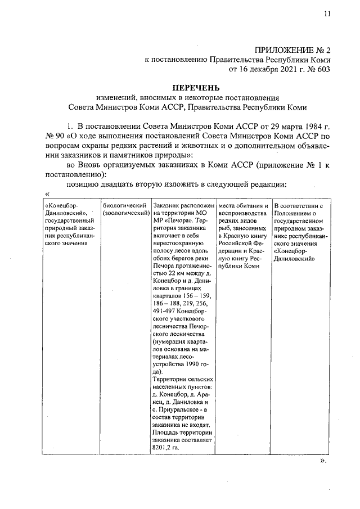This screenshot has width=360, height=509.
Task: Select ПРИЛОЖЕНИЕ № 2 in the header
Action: (x=292, y=49)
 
